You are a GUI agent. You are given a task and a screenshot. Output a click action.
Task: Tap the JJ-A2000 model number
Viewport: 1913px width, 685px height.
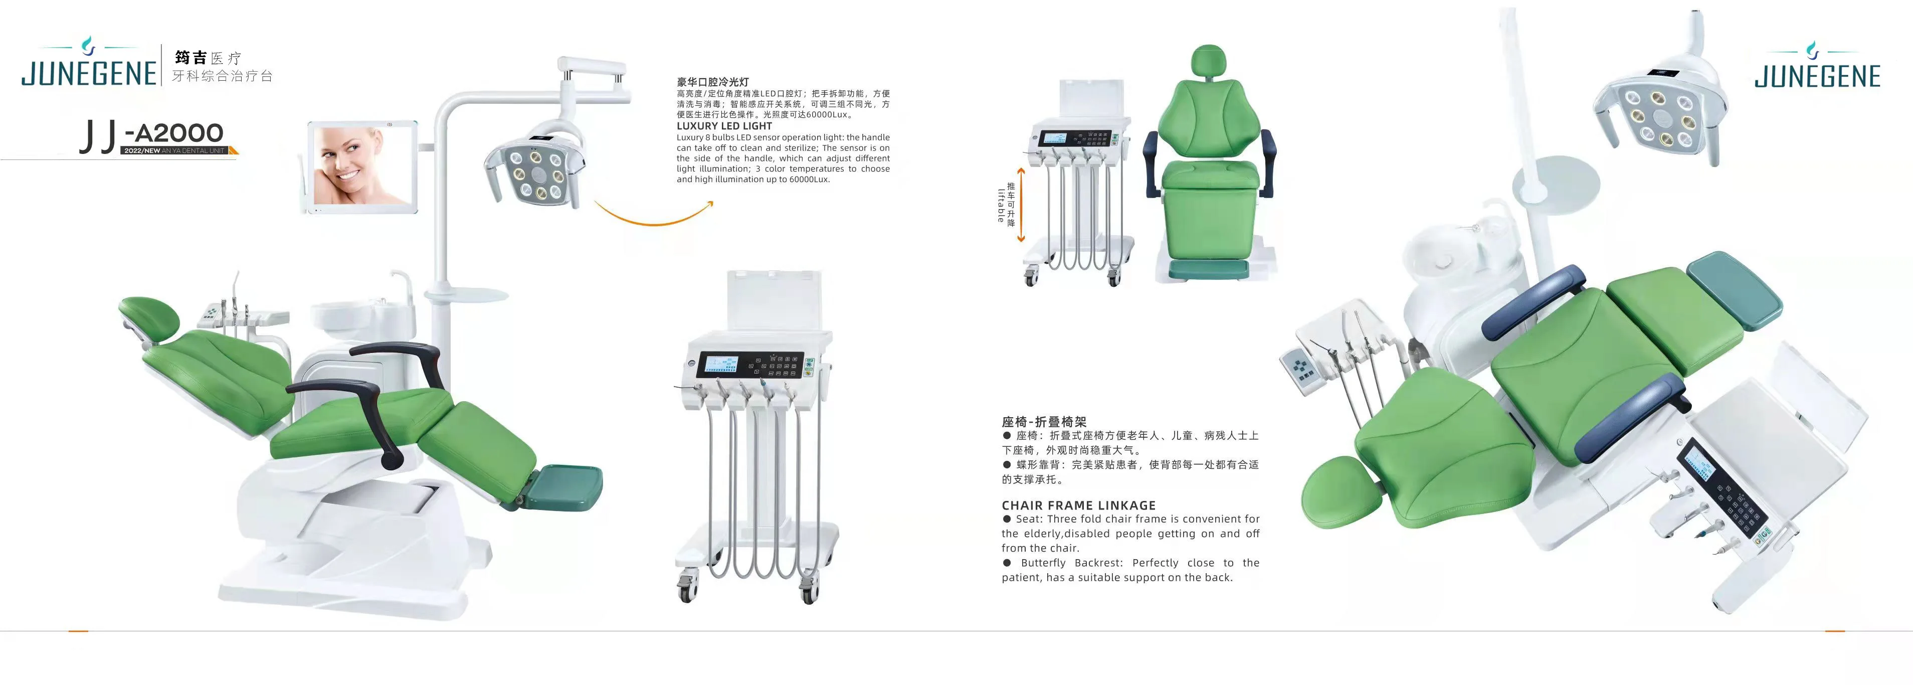pos(153,134)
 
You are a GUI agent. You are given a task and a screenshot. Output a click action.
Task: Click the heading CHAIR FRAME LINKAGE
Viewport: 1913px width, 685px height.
pos(1078,505)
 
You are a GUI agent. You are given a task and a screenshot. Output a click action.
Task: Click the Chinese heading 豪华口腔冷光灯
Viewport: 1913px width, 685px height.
pos(712,82)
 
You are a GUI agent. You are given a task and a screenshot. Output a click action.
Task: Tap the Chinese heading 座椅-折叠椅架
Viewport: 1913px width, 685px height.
pos(1043,421)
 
